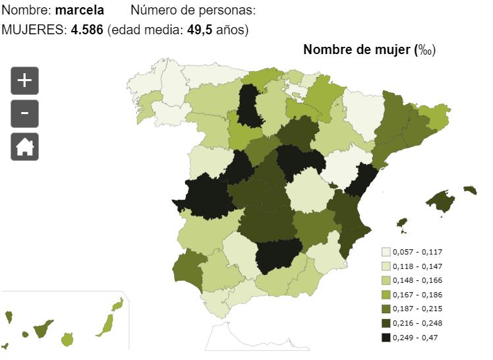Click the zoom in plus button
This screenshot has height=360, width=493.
click(x=24, y=81)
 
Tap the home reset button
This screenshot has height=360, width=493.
click(x=24, y=146)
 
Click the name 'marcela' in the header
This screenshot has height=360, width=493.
click(x=80, y=11)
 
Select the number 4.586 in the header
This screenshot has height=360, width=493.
click(x=87, y=31)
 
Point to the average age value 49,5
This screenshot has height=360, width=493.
click(x=198, y=31)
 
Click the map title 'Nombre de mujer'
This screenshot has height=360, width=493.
click(x=357, y=50)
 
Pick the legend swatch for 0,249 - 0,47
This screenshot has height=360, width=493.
click(x=386, y=338)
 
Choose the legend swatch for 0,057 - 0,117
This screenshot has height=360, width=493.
click(x=386, y=252)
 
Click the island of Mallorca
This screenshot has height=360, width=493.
click(x=440, y=200)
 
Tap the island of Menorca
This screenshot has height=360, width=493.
click(x=470, y=190)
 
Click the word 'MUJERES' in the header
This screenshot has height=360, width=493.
click(x=34, y=31)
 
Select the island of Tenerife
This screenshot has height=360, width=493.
click(x=44, y=328)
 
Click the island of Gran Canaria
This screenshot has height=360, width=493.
click(x=67, y=340)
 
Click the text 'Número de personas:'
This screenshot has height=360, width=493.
click(x=193, y=11)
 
